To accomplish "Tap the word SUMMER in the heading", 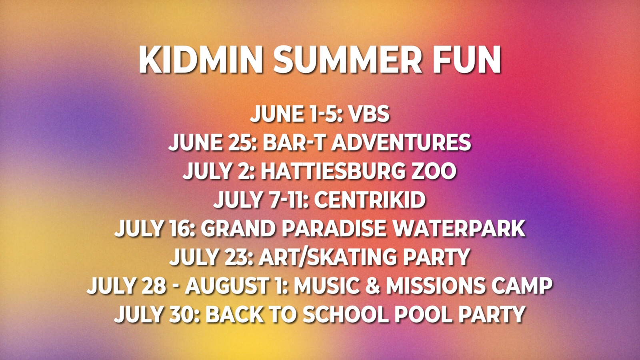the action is coord(348,60).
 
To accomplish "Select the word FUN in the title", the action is coord(467,60).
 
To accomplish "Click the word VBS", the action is coord(369,114).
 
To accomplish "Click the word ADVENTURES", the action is coord(401,142).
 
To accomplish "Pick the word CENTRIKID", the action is coord(370,200).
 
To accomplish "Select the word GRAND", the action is coord(238,228).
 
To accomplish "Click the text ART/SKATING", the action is coord(328,256).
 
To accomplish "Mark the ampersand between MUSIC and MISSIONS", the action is coord(372,285).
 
